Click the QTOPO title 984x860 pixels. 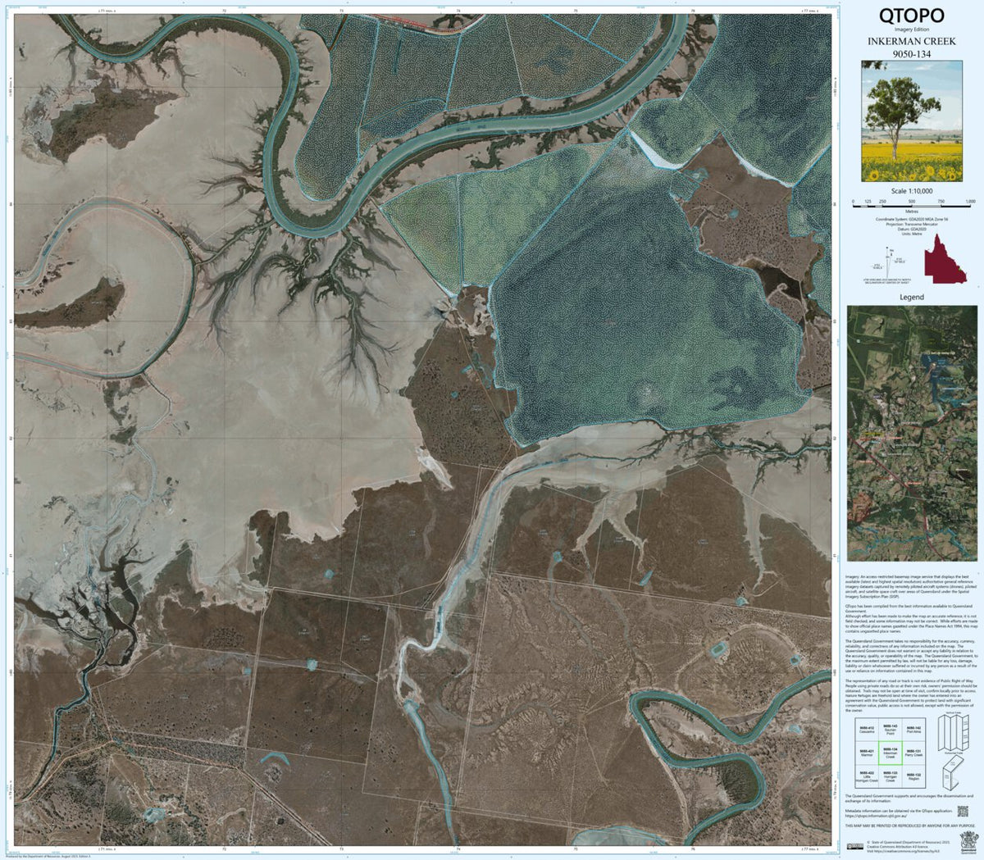point(911,16)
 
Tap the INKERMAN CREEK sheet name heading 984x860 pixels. point(911,42)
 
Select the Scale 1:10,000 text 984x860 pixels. point(911,191)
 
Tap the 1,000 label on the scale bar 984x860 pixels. point(970,202)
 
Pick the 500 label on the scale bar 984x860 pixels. point(912,202)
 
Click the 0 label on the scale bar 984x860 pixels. point(854,202)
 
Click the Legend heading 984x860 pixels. point(911,297)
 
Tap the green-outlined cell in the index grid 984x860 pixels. point(890,753)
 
